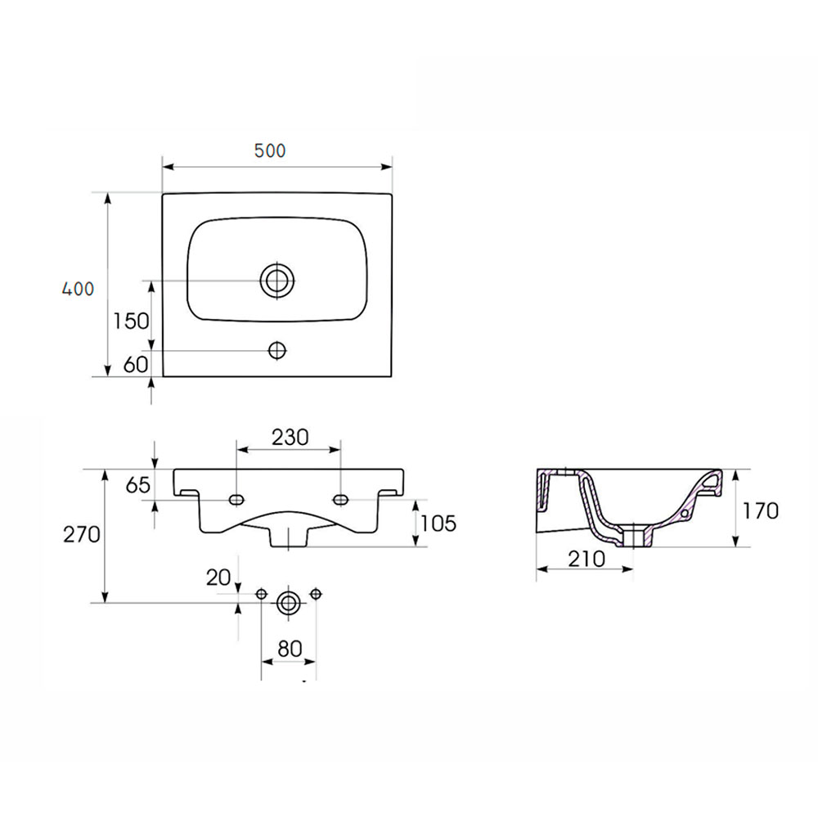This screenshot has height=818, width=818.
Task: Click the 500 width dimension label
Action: click(x=270, y=151)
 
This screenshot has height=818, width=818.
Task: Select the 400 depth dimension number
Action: click(x=79, y=289)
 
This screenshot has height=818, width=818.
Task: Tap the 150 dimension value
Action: click(x=131, y=321)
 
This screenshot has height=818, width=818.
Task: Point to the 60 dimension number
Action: click(x=136, y=365)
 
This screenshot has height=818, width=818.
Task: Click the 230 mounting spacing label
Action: click(x=290, y=437)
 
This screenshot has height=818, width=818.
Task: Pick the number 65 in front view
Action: click(x=137, y=485)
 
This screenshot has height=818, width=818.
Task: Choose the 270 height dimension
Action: click(x=82, y=534)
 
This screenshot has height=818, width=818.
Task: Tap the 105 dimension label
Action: click(x=438, y=524)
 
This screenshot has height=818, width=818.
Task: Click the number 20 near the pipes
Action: click(x=218, y=578)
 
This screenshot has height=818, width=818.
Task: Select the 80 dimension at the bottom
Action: click(x=290, y=649)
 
